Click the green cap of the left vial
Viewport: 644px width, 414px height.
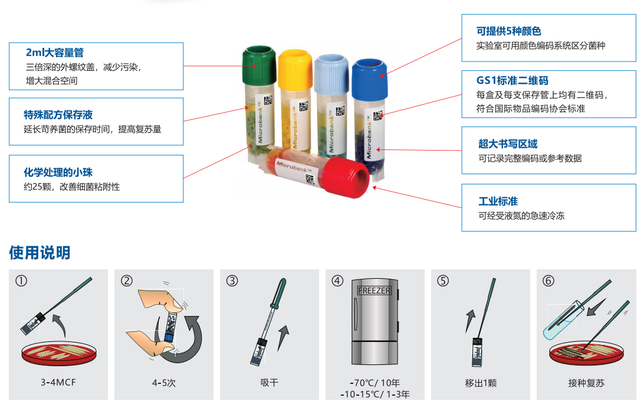click(259, 66)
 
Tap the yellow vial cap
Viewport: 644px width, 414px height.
click(295, 69)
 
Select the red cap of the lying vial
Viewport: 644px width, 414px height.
click(346, 177)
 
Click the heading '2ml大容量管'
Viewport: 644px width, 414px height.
click(55, 53)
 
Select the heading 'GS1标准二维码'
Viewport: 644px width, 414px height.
click(512, 80)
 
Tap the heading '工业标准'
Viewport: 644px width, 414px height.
click(498, 201)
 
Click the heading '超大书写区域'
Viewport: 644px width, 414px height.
click(508, 144)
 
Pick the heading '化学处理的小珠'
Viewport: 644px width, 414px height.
click(58, 172)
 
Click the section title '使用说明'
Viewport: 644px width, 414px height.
click(40, 252)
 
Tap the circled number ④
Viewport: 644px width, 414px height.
click(337, 281)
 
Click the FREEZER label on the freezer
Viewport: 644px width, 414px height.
click(374, 291)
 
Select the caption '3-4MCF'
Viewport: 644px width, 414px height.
click(58, 382)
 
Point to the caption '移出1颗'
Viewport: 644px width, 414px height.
click(481, 383)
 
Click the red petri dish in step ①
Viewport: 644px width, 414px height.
click(59, 354)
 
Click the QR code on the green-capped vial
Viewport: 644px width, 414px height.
click(268, 100)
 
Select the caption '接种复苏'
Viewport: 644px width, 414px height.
click(586, 383)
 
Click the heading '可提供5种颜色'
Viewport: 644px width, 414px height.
click(508, 31)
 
